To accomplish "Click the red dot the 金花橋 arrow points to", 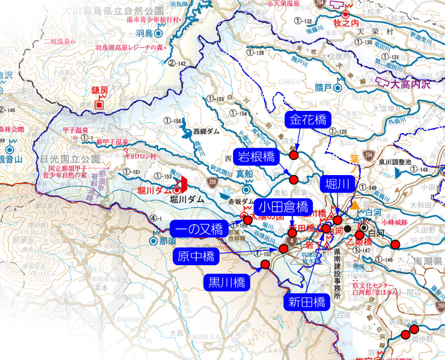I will coord(294,155).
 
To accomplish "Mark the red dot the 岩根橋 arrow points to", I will coord(294,180).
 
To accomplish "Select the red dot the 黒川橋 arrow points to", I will coord(265,265).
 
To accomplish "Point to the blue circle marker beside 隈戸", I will coord(338,88).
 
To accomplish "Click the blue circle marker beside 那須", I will coord(154,241).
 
